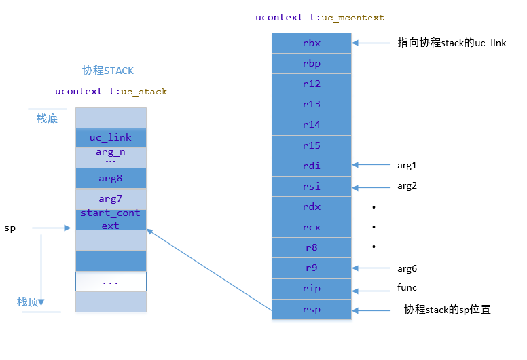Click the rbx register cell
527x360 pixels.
pos(312,43)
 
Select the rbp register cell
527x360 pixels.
pos(312,64)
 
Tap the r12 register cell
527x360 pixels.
pos(312,84)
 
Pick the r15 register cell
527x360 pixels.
pos(312,145)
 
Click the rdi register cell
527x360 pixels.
pos(312,166)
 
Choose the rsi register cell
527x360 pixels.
pos(312,186)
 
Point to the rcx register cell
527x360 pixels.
pos(312,227)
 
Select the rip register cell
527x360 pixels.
pos(312,288)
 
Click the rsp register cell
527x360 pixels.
pos(312,309)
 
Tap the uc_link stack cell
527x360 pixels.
pos(111,138)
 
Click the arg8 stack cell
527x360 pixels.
pos(111,179)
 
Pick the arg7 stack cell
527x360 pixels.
pos(111,199)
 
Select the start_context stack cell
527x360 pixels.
pos(111,219)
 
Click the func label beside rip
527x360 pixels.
pos(407,288)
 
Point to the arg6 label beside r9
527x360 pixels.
pos(407,268)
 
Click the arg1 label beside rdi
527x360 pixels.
pos(407,165)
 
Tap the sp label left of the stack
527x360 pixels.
pos(10,228)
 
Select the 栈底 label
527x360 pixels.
pos(47,119)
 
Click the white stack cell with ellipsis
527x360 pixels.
pos(111,281)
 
